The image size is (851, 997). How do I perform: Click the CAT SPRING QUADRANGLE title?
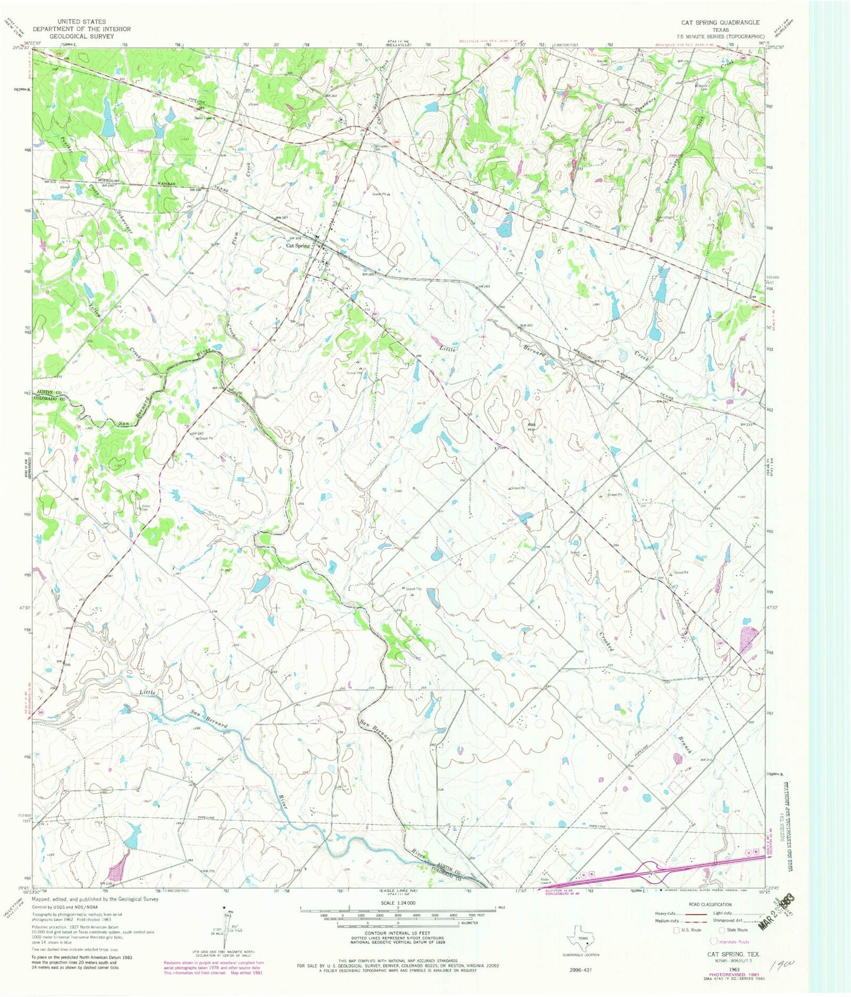(720, 22)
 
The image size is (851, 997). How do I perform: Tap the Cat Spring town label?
(298, 246)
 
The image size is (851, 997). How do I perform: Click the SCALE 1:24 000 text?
(398, 903)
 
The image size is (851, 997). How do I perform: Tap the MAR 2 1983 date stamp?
(777, 912)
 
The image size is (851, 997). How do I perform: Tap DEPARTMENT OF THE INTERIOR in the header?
(82, 29)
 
